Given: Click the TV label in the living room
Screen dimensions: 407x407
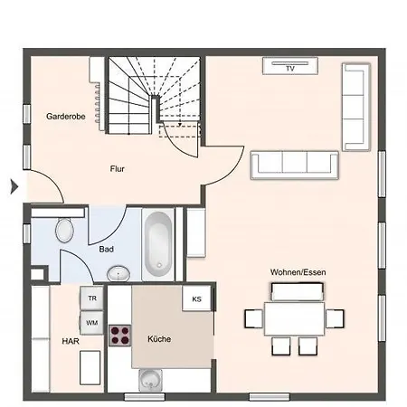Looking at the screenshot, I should pyautogui.click(x=290, y=68).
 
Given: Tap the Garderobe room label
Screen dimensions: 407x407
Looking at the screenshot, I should pyautogui.click(x=65, y=117).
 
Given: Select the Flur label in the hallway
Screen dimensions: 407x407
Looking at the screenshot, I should pyautogui.click(x=118, y=168).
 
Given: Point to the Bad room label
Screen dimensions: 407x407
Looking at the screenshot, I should pyautogui.click(x=106, y=247).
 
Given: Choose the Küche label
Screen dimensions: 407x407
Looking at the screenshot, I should pyautogui.click(x=159, y=339).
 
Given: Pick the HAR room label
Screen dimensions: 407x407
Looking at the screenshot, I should pyautogui.click(x=69, y=342).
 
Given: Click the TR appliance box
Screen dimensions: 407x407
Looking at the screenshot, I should pyautogui.click(x=91, y=298).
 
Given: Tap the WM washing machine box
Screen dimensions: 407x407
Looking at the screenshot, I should pyautogui.click(x=91, y=322).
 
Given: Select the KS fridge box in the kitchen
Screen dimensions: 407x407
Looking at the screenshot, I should pyautogui.click(x=195, y=298).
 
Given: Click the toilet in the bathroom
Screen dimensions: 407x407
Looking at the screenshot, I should pyautogui.click(x=64, y=232).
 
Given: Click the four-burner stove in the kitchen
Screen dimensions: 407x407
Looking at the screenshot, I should pyautogui.click(x=119, y=336).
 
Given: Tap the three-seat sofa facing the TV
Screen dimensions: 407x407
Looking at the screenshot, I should pyautogui.click(x=295, y=163).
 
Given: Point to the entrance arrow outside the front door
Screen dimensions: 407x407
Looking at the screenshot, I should pyautogui.click(x=13, y=187).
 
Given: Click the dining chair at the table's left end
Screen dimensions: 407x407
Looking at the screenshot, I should pyautogui.click(x=252, y=318).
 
